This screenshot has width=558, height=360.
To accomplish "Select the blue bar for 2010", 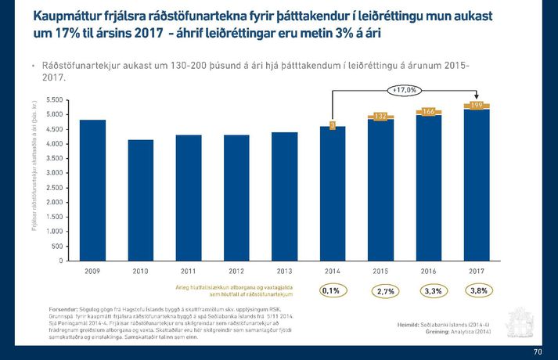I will point(141,200).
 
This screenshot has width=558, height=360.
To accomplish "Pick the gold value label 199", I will point(476,105).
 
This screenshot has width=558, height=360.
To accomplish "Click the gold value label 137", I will point(380,116).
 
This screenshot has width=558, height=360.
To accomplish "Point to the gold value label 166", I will point(428,112).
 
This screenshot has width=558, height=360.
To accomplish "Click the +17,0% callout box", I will point(405,90).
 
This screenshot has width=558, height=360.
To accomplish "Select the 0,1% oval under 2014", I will point(332,290).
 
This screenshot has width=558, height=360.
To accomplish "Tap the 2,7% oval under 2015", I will point(385,291).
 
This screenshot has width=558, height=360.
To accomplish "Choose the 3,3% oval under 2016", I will point(431,291).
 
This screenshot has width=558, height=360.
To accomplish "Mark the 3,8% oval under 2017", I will point(478,290).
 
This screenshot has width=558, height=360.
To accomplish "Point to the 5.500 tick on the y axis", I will point(55,100).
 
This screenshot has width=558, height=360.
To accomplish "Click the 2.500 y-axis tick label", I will point(55,188).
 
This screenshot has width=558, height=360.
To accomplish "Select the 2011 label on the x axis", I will point(188,271).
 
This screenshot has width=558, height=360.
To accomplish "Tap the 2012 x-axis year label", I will point(236,271).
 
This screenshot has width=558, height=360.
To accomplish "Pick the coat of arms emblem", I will point(521,322).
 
